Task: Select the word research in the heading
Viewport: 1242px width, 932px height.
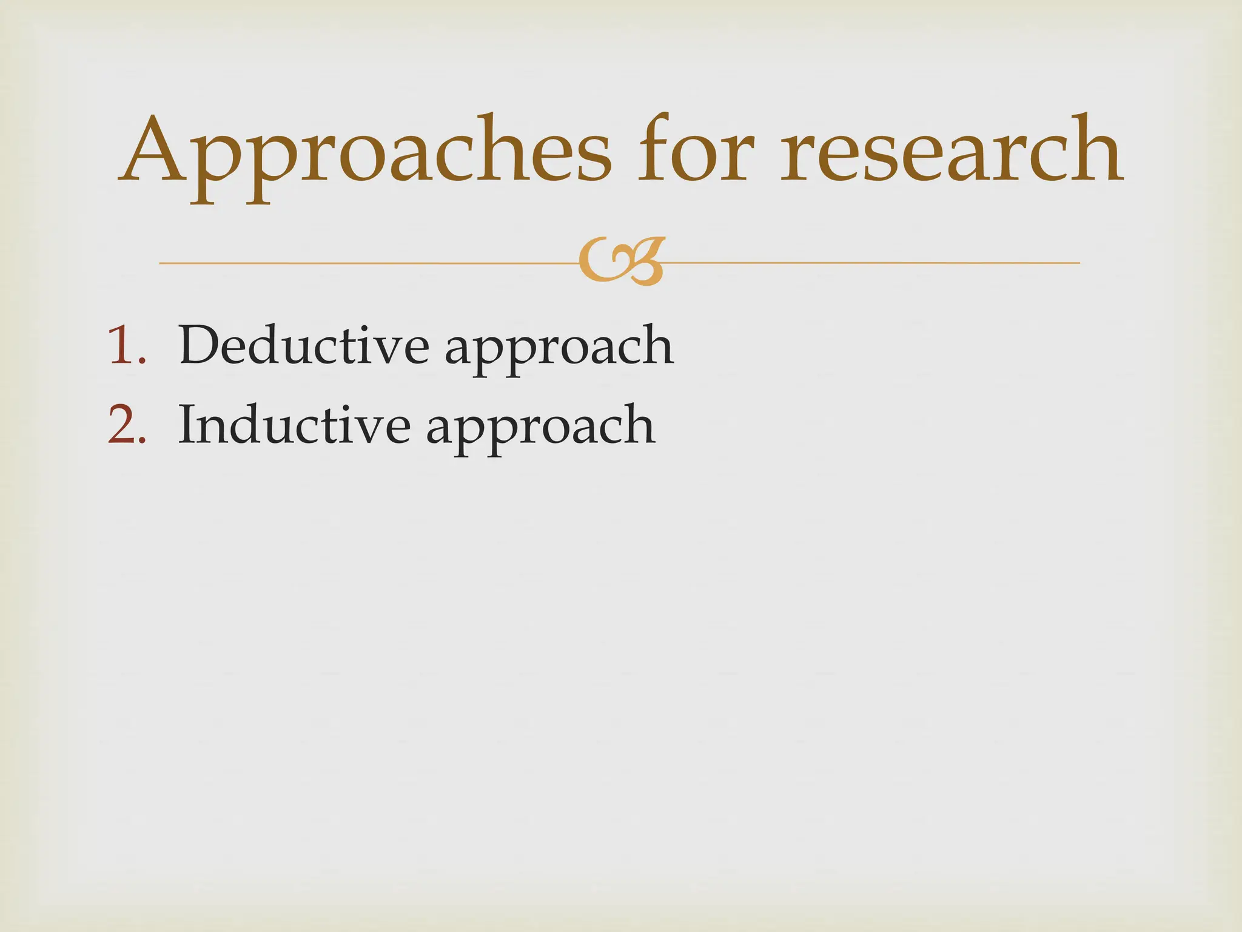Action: pyautogui.click(x=951, y=152)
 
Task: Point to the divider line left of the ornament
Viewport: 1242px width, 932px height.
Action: pyautogui.click(x=364, y=263)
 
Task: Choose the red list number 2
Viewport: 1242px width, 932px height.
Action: pyautogui.click(x=126, y=425)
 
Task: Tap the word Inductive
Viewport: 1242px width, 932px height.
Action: pyautogui.click(x=294, y=425)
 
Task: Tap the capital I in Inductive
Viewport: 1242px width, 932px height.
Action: pyautogui.click(x=189, y=425)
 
